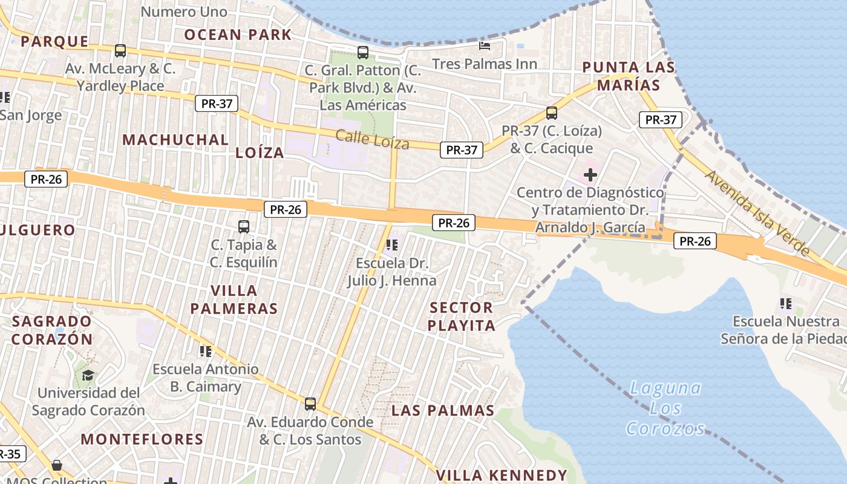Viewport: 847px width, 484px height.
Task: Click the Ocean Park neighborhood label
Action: click(x=238, y=34)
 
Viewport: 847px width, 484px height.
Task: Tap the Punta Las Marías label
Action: click(x=629, y=76)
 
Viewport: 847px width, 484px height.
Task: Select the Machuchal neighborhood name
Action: click(x=175, y=140)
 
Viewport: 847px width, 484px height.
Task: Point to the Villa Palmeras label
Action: click(x=234, y=299)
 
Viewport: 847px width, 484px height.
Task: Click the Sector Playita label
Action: click(x=462, y=316)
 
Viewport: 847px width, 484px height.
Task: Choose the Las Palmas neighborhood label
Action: click(x=443, y=411)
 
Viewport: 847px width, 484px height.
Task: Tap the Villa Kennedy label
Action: click(x=502, y=475)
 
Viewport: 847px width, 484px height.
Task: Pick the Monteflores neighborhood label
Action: click(x=142, y=439)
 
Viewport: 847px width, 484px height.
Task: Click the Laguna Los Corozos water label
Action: click(x=665, y=408)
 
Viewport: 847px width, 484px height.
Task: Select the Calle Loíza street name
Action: click(x=372, y=139)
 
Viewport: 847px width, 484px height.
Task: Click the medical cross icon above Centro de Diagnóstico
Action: click(x=590, y=175)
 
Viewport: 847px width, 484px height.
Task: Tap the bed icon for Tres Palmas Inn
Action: click(x=485, y=45)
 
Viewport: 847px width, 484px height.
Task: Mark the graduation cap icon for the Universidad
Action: click(x=88, y=375)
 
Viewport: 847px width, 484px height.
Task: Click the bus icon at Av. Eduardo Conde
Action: click(x=310, y=404)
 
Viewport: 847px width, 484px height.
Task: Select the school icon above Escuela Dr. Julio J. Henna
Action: click(x=391, y=245)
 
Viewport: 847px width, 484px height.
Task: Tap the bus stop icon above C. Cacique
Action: click(x=551, y=113)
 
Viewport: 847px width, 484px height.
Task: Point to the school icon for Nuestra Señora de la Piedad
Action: click(x=785, y=303)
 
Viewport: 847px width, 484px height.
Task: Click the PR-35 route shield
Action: click(x=9, y=454)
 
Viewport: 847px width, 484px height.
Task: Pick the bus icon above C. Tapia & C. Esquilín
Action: click(x=244, y=227)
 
